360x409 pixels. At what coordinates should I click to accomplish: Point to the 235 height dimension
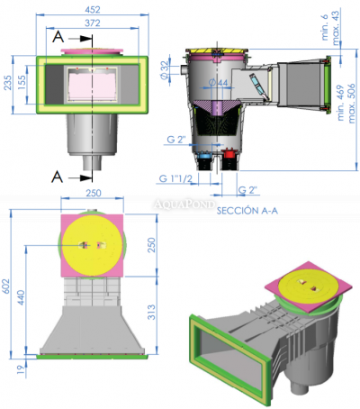coord(8,83)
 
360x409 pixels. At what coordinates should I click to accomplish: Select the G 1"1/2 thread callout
coord(176,177)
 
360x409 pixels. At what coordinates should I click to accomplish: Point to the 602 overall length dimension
coord(8,285)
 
